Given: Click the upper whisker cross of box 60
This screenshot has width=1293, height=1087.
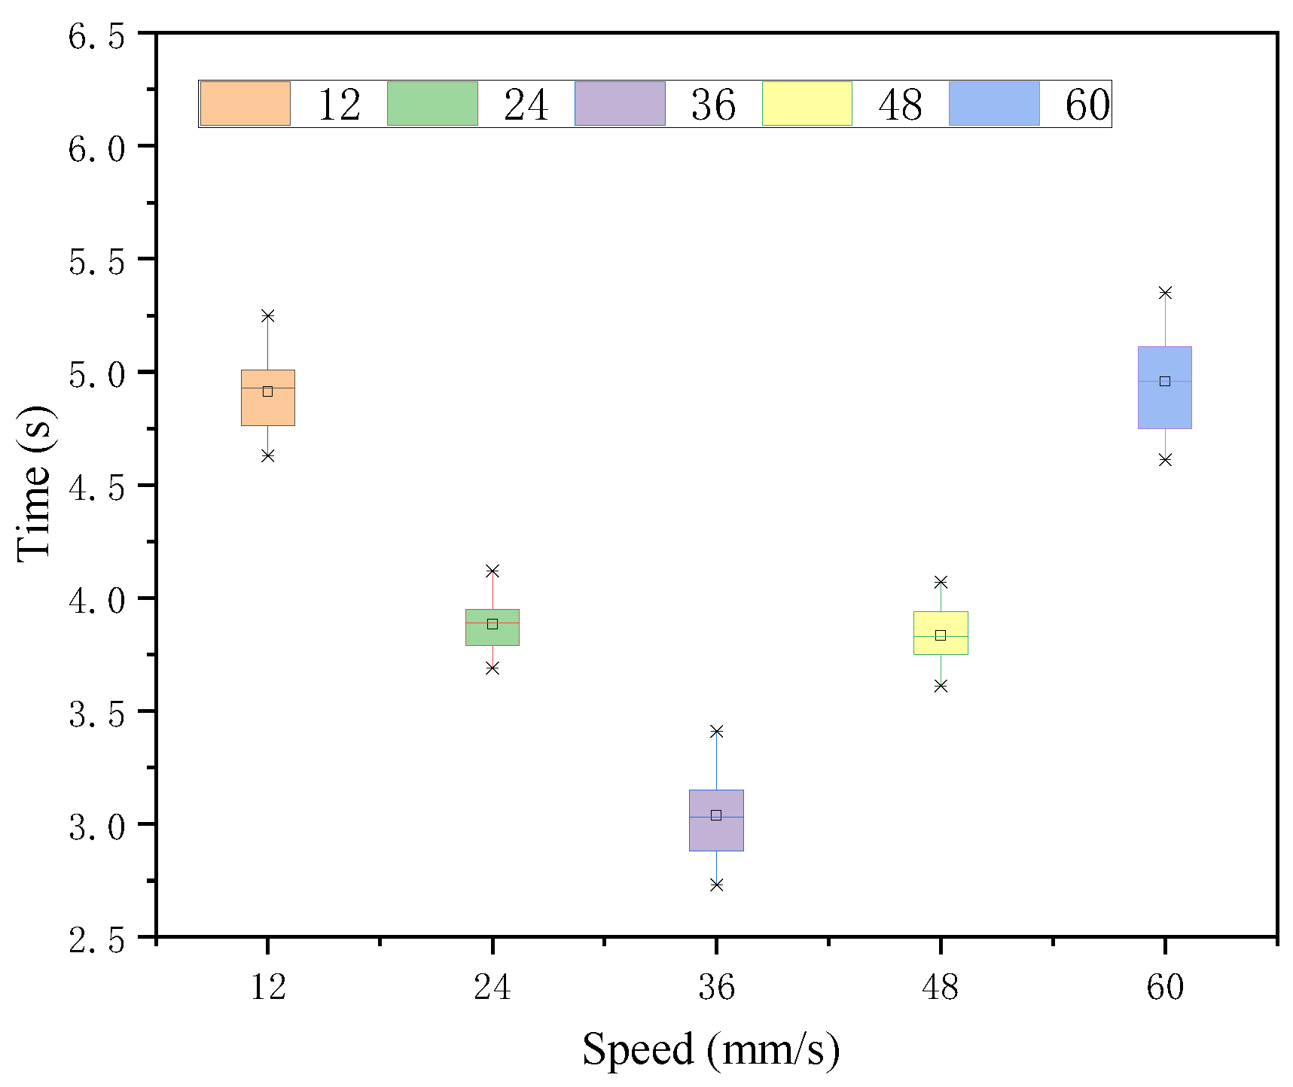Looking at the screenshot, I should pos(1165,293).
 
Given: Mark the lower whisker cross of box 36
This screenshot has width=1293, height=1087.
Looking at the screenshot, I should pos(716,885).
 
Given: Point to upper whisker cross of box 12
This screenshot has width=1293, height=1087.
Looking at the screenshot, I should pos(267,315).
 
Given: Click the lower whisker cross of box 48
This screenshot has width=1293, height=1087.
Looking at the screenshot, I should pos(941,686).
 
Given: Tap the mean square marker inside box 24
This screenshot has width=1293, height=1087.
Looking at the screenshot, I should pos(492,624).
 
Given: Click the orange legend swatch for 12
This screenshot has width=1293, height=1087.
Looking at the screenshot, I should pos(245,104).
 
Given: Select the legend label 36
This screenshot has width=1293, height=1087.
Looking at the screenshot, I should pos(712,105).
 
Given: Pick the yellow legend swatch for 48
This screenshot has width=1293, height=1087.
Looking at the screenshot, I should pos(807,104).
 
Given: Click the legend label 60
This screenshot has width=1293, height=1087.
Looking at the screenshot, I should pos(1087,105).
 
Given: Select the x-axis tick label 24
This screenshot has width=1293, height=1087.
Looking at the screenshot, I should pos(492,987).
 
